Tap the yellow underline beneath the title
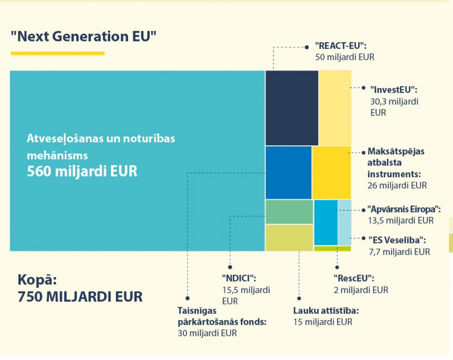click(57, 53)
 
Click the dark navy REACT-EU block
click(291, 107)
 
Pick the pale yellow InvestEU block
click(335, 107)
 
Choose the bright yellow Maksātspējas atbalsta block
click(331, 172)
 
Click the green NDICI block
click(289, 212)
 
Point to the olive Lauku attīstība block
click(289, 237)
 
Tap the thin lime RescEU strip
click(332, 248)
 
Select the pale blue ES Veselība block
click(344, 222)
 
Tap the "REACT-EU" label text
click(340, 46)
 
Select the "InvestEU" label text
click(393, 89)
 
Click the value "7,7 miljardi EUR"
click(399, 252)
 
